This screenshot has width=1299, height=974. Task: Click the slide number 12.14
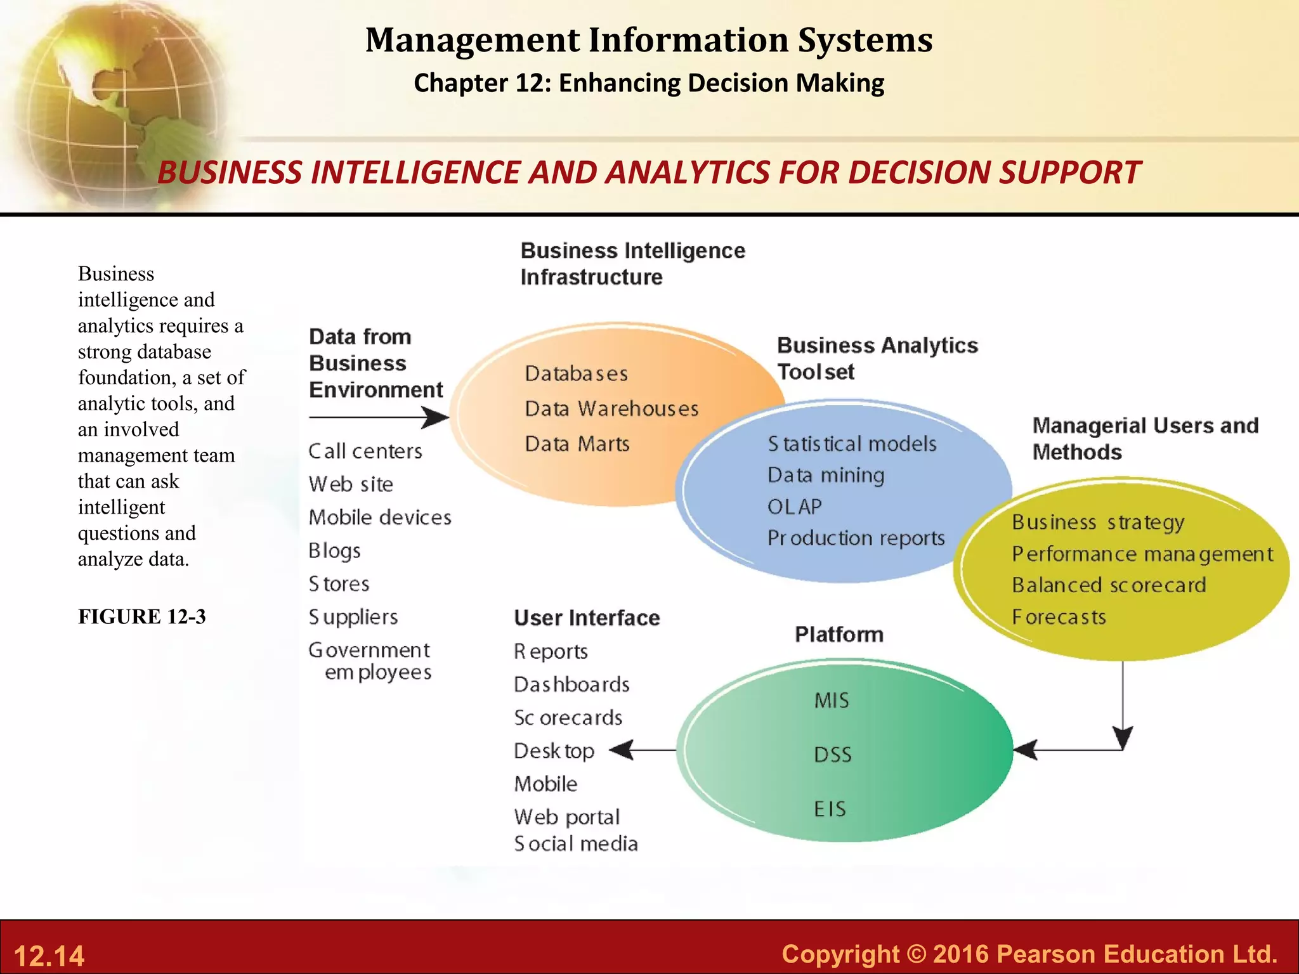coord(49,956)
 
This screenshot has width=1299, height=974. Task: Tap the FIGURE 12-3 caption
coord(141,616)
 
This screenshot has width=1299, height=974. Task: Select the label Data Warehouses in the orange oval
coord(611,408)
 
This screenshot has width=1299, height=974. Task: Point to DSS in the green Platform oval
coord(832,755)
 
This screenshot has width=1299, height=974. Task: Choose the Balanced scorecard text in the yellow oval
coord(1109,585)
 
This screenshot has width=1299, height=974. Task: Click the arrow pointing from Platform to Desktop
coord(642,750)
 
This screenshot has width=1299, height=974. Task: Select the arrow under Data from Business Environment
coord(379,417)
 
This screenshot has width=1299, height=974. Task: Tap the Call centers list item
coord(365,451)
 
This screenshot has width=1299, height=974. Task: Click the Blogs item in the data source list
coord(334,550)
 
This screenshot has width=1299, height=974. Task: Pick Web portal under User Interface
coord(566,817)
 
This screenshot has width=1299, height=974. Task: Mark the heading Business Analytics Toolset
coord(877,358)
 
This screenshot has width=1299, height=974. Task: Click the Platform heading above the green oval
coord(839,634)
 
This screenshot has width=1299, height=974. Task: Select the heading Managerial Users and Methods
coord(1145,438)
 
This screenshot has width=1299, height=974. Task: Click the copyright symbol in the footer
coord(917,954)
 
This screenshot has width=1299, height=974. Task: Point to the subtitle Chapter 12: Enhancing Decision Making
coord(649,83)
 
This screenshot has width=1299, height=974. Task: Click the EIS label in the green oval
coord(830,809)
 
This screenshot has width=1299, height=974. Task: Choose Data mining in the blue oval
coord(825,475)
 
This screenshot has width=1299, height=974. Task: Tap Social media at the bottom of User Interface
coord(575,844)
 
